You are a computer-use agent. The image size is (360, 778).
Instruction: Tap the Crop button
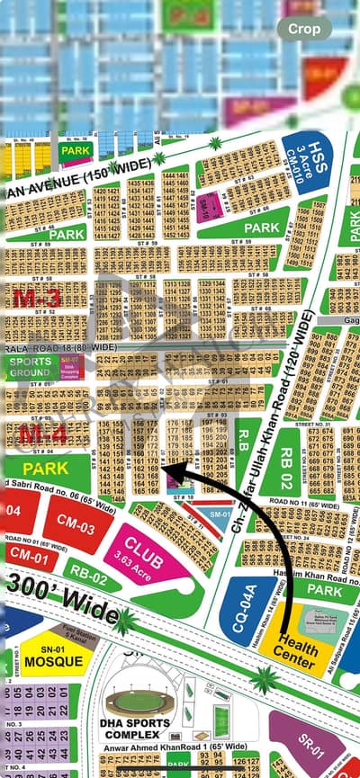point(304,28)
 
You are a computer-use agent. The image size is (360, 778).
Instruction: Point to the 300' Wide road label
point(60,598)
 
